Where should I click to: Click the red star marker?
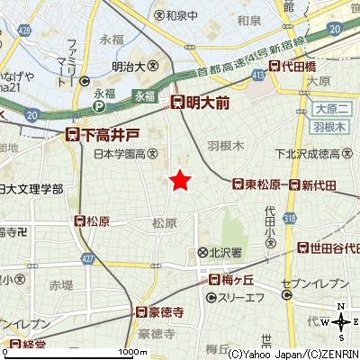(x=181, y=180)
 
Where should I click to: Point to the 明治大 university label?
(x=140, y=65)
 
